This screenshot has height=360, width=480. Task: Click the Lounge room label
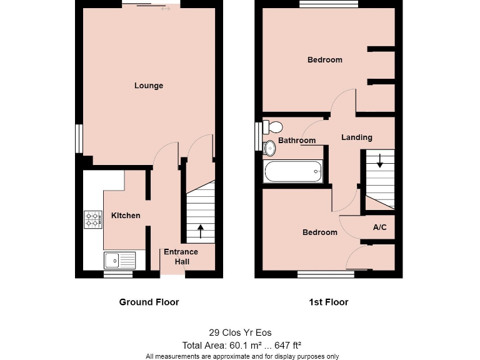pos(149,86)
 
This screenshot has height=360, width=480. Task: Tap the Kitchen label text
pos(126,216)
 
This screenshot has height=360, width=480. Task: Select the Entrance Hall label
pos(181,257)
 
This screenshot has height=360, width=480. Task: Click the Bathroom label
pos(297,141)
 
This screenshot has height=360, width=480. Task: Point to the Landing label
pos(357,137)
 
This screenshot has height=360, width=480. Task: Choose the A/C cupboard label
pos(379,227)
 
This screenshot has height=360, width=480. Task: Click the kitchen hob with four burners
pos(93,219)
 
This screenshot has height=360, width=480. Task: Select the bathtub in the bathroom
pos(294,171)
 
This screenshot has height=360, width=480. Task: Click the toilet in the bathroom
pos(272,127)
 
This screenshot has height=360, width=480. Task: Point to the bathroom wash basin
pos(270,148)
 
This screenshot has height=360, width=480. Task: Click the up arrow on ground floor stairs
pos(200,231)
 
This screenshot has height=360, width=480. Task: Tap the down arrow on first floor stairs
pos(379,162)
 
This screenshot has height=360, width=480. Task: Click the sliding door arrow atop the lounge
pos(166,9)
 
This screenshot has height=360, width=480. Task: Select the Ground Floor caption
pos(149,302)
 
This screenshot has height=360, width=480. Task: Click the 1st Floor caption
pos(328,302)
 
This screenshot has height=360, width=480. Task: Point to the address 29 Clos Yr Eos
pos(240,333)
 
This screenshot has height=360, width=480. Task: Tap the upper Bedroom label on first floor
pos(325,60)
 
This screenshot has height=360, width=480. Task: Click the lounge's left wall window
pos(79,139)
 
